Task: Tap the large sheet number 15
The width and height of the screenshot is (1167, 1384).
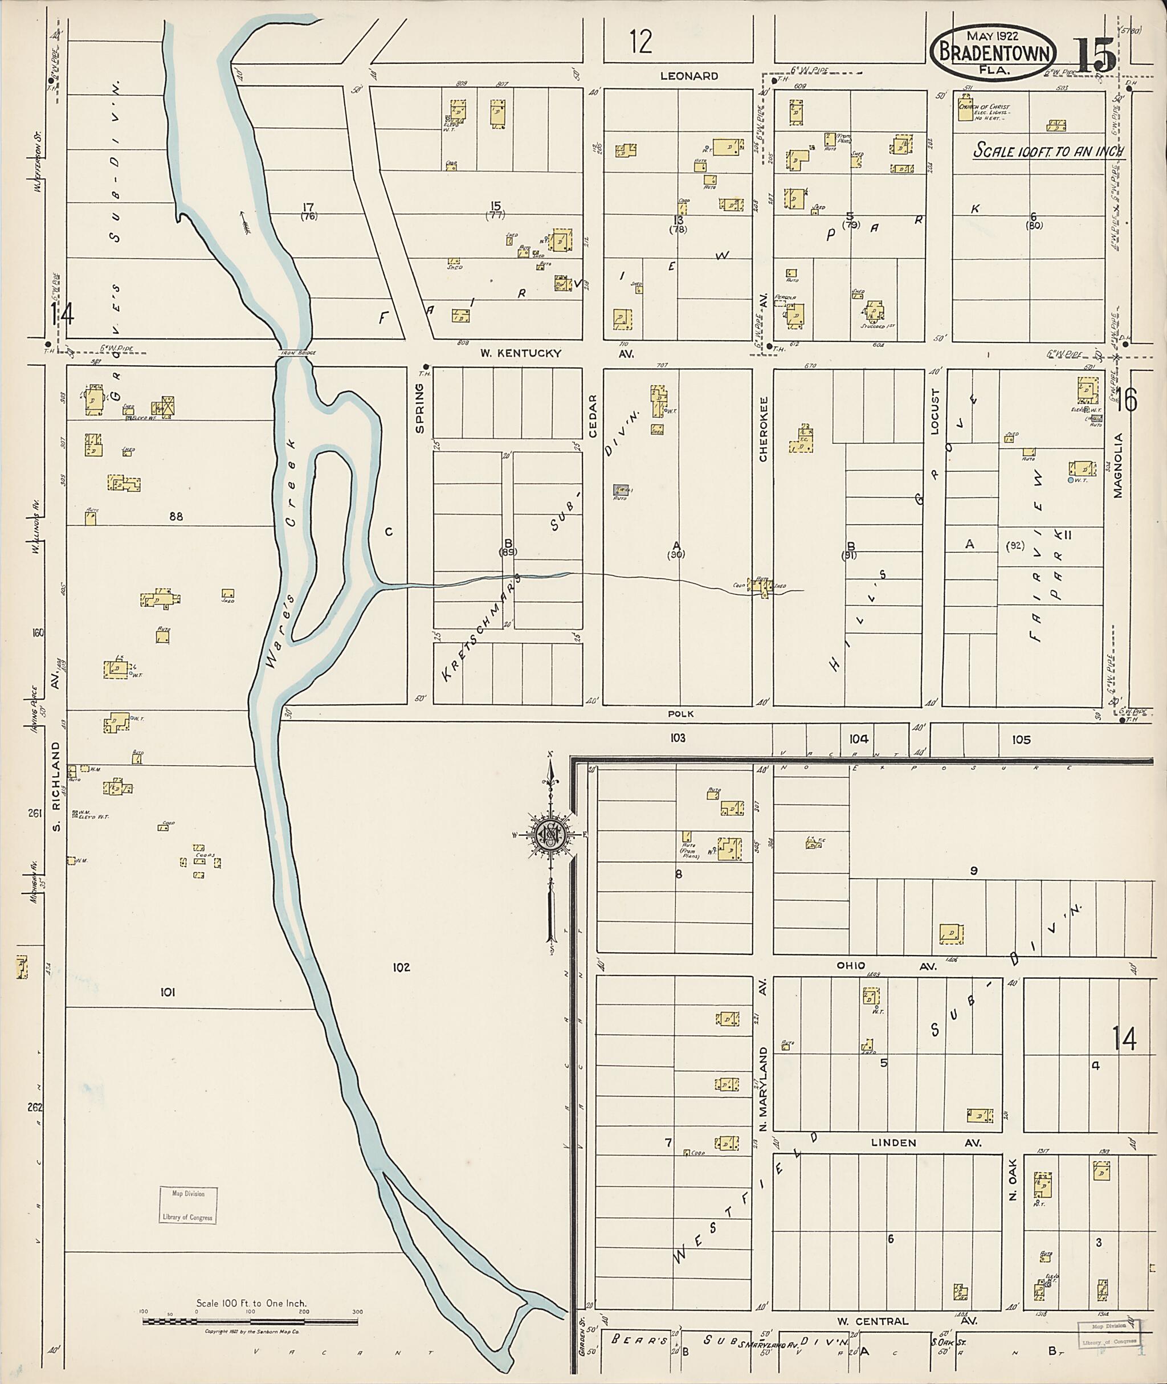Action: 1095,56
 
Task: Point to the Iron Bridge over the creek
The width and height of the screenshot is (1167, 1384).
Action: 295,353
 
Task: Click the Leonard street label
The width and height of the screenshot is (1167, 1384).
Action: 689,76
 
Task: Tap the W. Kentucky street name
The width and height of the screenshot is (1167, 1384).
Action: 521,353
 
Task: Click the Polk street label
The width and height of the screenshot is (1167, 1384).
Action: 681,714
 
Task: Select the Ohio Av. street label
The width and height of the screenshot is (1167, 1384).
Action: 851,966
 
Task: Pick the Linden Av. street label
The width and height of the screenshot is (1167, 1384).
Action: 893,1143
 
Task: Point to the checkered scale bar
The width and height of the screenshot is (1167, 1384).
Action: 250,1322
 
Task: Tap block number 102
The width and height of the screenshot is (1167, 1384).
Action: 401,967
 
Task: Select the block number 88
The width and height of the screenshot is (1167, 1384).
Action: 176,517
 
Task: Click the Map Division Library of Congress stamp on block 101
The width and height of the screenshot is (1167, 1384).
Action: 188,1206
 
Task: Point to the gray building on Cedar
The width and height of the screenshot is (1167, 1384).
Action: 621,489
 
